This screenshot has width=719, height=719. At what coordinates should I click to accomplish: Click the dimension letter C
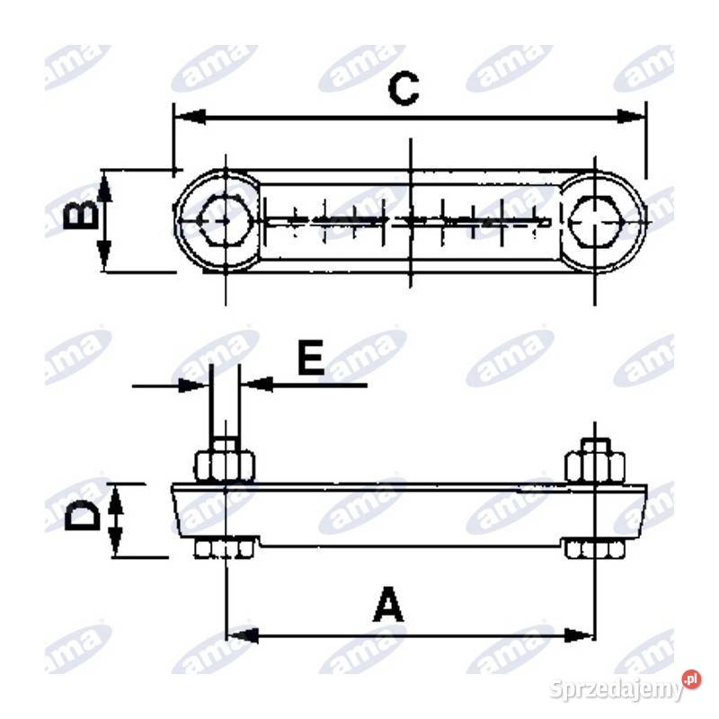tap(403, 88)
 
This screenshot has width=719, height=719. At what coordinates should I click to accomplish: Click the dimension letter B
tap(81, 217)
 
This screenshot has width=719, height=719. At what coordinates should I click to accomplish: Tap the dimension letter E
tap(310, 357)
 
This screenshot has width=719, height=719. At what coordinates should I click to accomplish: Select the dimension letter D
tap(83, 516)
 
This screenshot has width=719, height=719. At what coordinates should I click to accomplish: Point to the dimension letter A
tap(389, 604)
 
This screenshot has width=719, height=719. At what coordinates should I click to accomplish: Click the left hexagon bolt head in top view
tap(225, 220)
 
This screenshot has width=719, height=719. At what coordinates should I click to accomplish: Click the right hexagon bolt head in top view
tap(595, 221)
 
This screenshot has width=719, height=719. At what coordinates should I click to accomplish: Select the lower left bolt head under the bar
tap(225, 549)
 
